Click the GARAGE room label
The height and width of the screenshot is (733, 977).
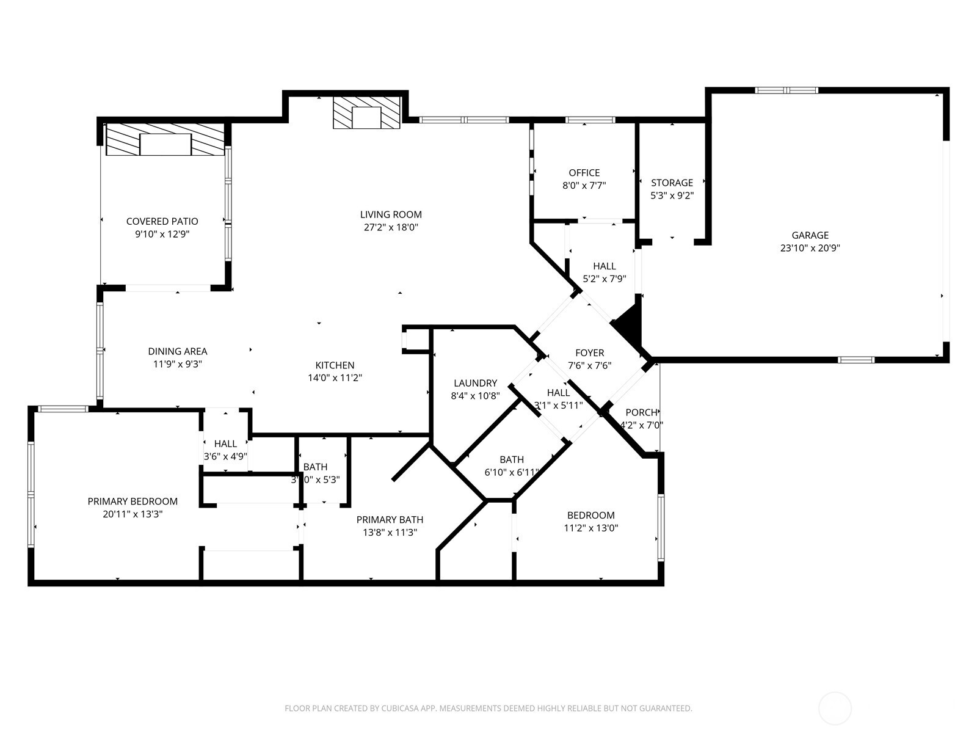pyautogui.click(x=810, y=235)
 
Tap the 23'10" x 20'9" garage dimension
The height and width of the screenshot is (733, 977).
pyautogui.click(x=810, y=248)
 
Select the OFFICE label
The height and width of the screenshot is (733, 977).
pyautogui.click(x=584, y=173)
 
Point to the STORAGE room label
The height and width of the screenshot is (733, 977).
pyautogui.click(x=672, y=183)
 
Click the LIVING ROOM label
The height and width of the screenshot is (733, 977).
pyautogui.click(x=391, y=214)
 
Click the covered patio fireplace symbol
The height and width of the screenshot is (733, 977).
pyautogui.click(x=165, y=140)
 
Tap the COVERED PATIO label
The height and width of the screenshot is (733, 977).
pyautogui.click(x=162, y=221)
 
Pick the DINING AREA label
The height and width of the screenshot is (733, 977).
pyautogui.click(x=177, y=351)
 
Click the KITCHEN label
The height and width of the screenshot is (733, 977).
pyautogui.click(x=335, y=365)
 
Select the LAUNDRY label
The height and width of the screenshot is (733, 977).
pyautogui.click(x=475, y=383)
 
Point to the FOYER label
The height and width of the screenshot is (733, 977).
pyautogui.click(x=589, y=352)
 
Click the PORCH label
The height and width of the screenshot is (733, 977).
pyautogui.click(x=641, y=412)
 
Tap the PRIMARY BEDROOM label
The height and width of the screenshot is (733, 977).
pyautogui.click(x=133, y=501)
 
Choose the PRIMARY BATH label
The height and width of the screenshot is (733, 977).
pyautogui.click(x=390, y=520)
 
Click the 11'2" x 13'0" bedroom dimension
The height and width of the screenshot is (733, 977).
pyautogui.click(x=590, y=528)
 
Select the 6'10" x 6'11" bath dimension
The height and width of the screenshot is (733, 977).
pyautogui.click(x=512, y=472)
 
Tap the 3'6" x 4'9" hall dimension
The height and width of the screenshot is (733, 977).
pyautogui.click(x=225, y=456)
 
